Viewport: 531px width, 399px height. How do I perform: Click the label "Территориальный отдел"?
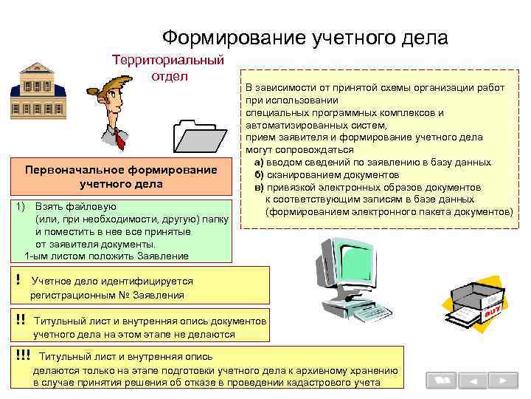(x=167, y=67)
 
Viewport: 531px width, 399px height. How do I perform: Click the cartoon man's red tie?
(x=119, y=137)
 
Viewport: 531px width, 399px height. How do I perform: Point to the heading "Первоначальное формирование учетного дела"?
(x=121, y=177)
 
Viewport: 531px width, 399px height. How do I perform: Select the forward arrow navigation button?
(x=503, y=381)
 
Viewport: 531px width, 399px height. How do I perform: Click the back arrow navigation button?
(x=473, y=381)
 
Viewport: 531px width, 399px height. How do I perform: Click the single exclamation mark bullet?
(x=18, y=280)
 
